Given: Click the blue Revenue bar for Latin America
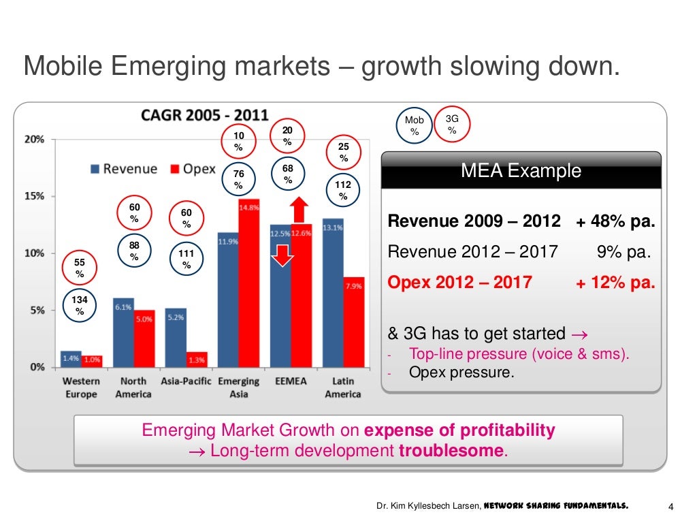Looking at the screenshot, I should tap(333, 293).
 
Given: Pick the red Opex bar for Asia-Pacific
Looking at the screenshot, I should tap(197, 359).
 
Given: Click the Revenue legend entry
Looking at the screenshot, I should tap(123, 169).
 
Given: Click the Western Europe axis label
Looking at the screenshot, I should tap(81, 387).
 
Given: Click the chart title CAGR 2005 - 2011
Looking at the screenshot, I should tap(204, 115).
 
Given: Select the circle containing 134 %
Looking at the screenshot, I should tap(80, 306).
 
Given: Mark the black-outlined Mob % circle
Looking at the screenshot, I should tap(414, 126).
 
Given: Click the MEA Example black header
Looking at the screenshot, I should tap(521, 170).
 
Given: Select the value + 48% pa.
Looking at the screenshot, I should tap(615, 221).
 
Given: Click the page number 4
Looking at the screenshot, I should tap(671, 506).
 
